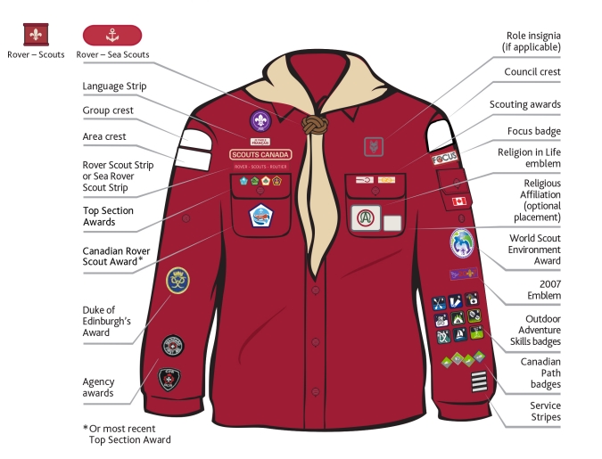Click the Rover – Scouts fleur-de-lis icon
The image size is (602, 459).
click(37, 35)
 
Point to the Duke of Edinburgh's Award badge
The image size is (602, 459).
click(177, 281)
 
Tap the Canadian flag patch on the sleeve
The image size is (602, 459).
click(459, 201)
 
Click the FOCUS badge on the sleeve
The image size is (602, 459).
click(444, 159)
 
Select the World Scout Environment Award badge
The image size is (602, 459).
click(462, 242)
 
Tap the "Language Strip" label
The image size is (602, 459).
click(114, 86)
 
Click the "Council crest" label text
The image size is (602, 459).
click(532, 72)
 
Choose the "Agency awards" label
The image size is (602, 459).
click(98, 387)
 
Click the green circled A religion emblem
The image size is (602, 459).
click(365, 217)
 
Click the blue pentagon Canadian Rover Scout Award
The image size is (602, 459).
click(260, 215)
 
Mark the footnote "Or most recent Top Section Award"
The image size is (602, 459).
click(129, 433)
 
